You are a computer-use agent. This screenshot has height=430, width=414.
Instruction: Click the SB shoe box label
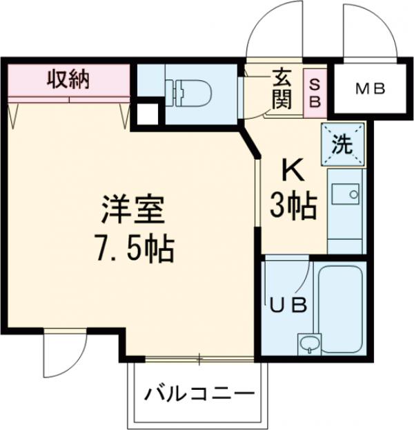click(x=314, y=90)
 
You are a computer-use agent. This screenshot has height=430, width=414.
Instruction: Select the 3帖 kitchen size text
click(x=293, y=205)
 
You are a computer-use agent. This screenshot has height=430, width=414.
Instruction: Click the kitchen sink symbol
click(x=344, y=195)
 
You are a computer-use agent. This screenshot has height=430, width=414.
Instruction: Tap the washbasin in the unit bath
click(x=308, y=344)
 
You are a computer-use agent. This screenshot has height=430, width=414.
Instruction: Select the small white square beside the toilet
click(x=146, y=114)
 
